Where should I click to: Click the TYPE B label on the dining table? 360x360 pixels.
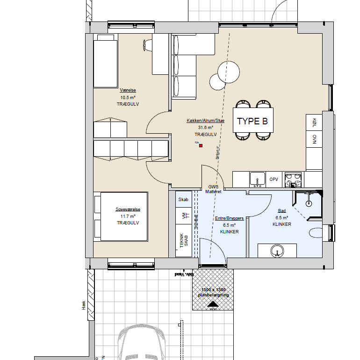click(252, 122)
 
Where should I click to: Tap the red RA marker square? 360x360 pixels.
click(201, 145)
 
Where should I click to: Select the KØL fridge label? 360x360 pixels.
click(314, 122)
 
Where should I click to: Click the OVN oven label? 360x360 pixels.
click(314, 139)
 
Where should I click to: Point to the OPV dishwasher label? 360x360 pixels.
click(274, 179)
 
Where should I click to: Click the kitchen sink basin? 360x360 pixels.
click(257, 178)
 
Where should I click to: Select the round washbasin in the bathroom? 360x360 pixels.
click(277, 251)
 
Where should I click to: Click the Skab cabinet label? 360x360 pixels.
click(183, 200)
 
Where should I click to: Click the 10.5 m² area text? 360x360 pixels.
click(128, 98)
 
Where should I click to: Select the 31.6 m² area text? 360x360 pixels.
click(206, 127)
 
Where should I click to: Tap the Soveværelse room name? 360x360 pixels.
click(128, 210)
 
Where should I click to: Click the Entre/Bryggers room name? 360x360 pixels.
click(230, 218)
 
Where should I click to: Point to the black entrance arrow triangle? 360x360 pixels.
click(213, 304)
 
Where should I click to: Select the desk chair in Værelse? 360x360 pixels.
click(146, 45)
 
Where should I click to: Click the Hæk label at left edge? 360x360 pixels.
click(84, 306)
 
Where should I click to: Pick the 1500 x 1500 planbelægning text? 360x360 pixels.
click(213, 292)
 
